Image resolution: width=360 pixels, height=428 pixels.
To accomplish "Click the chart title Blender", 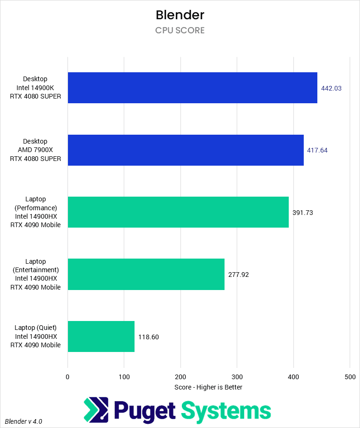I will pyautogui.click(x=180, y=15).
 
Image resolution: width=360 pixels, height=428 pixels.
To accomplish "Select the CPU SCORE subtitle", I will pyautogui.click(x=180, y=31).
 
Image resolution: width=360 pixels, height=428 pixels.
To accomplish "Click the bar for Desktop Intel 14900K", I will pyautogui.click(x=192, y=88).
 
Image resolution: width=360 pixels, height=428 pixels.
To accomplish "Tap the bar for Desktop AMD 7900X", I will pyautogui.click(x=186, y=150).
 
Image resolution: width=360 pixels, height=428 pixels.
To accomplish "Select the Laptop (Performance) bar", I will pyautogui.click(x=178, y=212).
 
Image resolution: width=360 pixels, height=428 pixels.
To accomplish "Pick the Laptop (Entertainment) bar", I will pyautogui.click(x=146, y=275).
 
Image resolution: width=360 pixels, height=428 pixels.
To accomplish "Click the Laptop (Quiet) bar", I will pyautogui.click(x=101, y=336).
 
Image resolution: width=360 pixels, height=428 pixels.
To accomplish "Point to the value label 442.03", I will pyautogui.click(x=331, y=88).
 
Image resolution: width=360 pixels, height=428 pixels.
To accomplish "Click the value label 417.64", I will pyautogui.click(x=318, y=150).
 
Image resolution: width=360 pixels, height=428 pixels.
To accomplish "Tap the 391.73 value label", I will pyautogui.click(x=302, y=212).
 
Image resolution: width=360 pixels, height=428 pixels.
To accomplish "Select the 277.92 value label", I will pyautogui.click(x=239, y=275).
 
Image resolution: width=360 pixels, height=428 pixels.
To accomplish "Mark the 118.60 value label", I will pyautogui.click(x=149, y=336).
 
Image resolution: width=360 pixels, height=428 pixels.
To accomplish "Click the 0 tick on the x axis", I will pyautogui.click(x=68, y=377).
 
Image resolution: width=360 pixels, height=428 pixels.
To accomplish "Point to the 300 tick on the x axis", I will pyautogui.click(x=237, y=377).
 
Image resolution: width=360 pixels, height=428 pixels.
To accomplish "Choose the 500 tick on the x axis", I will pyautogui.click(x=350, y=377).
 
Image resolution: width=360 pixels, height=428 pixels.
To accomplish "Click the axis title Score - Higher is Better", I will pyautogui.click(x=208, y=387).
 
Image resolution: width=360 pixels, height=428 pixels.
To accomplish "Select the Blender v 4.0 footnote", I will pyautogui.click(x=23, y=421).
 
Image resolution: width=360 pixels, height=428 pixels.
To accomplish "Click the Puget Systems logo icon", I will pyautogui.click(x=96, y=409).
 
